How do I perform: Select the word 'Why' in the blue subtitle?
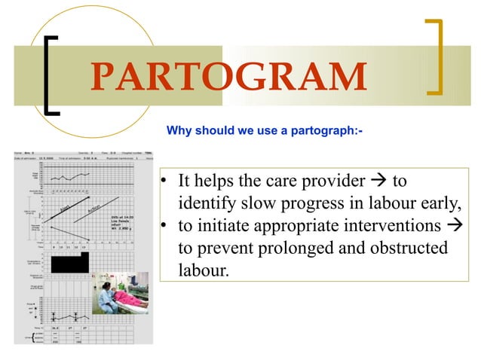coord(177,131)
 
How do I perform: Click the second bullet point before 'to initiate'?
coord(161,226)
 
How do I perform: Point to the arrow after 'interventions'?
coord(452,225)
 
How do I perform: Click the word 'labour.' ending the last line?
coord(203,270)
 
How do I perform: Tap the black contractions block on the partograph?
coord(67,262)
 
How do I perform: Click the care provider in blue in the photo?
coord(106,297)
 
